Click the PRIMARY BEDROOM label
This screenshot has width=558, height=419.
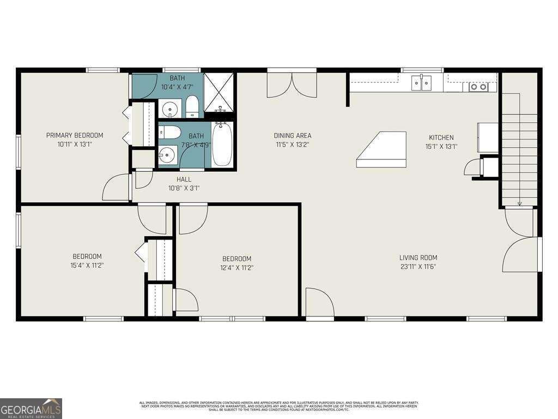[75, 135]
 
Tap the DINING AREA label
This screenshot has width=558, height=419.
[292, 136]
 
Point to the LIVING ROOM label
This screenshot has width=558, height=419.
[418, 258]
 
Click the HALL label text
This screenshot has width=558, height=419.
[184, 179]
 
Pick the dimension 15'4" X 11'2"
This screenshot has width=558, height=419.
[87, 266]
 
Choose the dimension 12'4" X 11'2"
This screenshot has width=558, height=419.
[236, 268]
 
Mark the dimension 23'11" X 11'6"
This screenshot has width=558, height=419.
[418, 267]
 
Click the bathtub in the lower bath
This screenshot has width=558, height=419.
[222, 145]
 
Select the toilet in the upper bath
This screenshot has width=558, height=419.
[192, 106]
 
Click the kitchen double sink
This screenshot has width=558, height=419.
[421, 83]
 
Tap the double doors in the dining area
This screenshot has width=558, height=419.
[292, 85]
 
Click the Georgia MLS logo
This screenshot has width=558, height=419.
[31, 408]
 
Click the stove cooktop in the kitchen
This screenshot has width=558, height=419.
[480, 87]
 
